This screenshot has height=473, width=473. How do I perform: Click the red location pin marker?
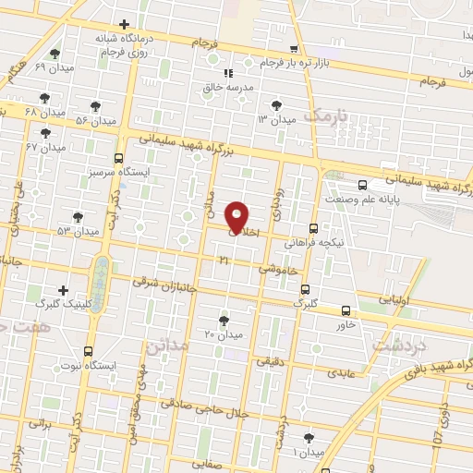coord(237,216)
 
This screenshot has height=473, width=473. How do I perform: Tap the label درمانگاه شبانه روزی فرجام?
coord(124,45)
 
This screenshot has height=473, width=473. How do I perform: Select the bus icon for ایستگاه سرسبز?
coord(118,158)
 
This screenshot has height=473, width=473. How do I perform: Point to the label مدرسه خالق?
coord(227,87)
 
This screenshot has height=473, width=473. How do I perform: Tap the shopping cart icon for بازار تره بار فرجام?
coord(295,49)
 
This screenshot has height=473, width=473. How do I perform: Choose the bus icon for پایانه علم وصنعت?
coord(362,184)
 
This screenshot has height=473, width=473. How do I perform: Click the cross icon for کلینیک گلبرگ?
coord(63,290)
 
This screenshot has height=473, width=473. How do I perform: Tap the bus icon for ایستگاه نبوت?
coord(88,352)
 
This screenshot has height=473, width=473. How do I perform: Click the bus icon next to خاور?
coord(346,311)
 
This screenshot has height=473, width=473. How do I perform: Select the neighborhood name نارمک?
coord(327,115)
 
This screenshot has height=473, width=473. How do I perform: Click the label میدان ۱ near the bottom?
coord(308,452)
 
